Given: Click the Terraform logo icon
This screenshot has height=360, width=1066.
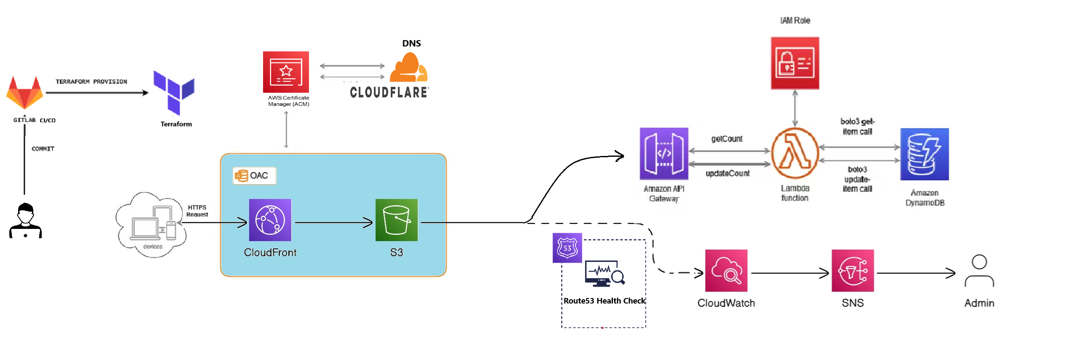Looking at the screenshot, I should pos(173,93).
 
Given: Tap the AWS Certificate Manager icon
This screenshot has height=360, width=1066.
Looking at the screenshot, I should pos(286,72).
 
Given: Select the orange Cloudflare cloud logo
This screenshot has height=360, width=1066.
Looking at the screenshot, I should pos(408,68).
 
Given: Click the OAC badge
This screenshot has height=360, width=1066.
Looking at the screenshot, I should pos(254,176).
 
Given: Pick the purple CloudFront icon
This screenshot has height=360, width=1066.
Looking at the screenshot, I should pos(270,220).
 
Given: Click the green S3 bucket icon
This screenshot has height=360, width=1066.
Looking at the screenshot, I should pos(396,220).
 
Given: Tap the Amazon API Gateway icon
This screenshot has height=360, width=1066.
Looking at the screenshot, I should pos(664,154).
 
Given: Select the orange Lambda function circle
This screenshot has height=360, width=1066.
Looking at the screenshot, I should pos(795,153).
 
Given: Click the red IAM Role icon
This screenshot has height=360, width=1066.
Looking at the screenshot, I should pos(795,63).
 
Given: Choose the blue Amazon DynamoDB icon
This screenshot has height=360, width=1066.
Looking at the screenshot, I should pos(924,154).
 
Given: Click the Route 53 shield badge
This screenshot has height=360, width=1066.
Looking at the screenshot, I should pos(567,248).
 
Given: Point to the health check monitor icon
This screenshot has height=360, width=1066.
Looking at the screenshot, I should pos(604,273).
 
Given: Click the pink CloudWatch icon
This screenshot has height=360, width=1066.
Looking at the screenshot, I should pos(726,271).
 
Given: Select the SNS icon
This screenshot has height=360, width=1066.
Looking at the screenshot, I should pos(853,271).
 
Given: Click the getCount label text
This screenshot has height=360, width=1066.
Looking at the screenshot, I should pos(727,139).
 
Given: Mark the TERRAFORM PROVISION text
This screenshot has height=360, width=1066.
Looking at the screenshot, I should pos(91,82).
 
